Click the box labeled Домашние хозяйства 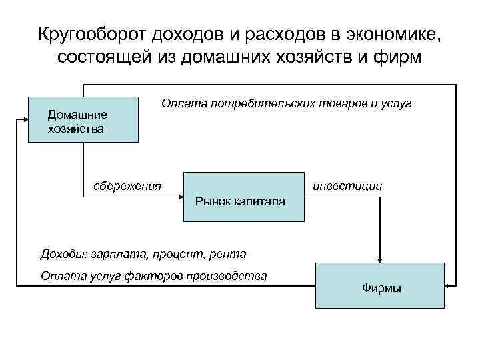pos(83,121)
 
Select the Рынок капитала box pos(243,197)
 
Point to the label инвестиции pos(347,186)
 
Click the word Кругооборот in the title pos(91,33)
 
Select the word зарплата pos(117,253)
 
